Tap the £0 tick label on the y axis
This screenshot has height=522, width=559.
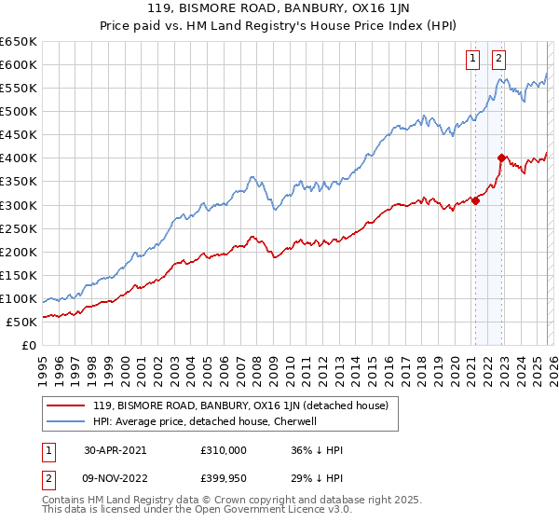tap(28, 345)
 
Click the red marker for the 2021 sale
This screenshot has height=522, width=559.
tap(475, 199)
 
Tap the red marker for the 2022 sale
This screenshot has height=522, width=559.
tap(501, 158)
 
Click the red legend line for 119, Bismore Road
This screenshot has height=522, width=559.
tap(66, 405)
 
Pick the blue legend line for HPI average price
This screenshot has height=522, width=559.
tap(66, 421)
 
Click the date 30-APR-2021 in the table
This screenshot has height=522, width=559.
tap(115, 450)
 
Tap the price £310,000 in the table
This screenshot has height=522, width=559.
tap(224, 450)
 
